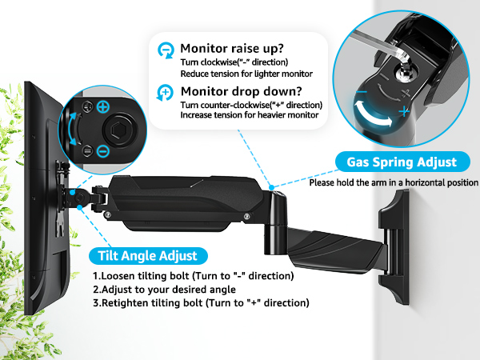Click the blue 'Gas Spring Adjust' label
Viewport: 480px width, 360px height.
pyautogui.click(x=402, y=162)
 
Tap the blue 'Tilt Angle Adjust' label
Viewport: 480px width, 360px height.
pyautogui.click(x=147, y=256)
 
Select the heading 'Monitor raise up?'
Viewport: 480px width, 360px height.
pyautogui.click(x=232, y=48)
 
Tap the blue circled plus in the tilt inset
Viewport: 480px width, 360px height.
pyautogui.click(x=102, y=106)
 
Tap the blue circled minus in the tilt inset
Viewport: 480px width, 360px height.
pyautogui.click(x=102, y=150)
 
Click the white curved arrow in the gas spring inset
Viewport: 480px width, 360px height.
pyautogui.click(x=376, y=121)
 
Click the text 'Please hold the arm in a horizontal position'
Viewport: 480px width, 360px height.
pyautogui.click(x=394, y=182)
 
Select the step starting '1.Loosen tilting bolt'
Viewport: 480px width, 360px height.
pyautogui.click(x=192, y=276)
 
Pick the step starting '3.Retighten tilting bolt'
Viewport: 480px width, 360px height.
pyautogui.click(x=200, y=302)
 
